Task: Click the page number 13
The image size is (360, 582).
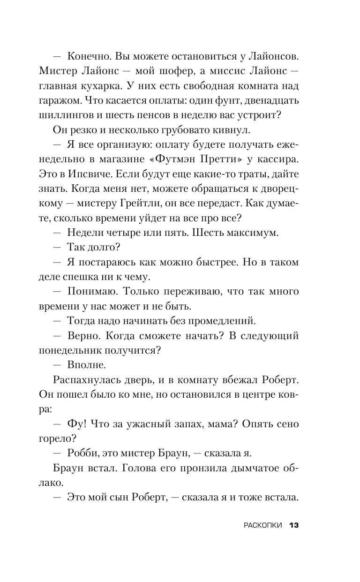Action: (294, 525)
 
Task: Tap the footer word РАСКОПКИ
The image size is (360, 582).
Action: (263, 525)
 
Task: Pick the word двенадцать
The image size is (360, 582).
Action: (269, 101)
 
